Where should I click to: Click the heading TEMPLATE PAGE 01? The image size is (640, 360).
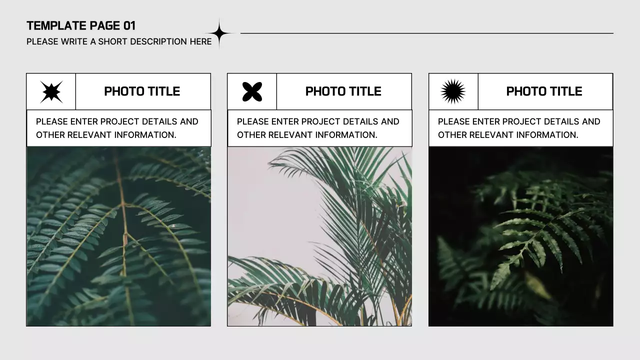(81, 26)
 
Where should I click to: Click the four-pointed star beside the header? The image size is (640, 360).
(219, 33)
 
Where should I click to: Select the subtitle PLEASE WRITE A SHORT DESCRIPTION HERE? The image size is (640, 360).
(119, 41)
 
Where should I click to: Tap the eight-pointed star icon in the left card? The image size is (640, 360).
(51, 91)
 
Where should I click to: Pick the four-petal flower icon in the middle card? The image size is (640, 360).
(252, 91)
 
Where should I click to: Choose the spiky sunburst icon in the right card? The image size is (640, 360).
(453, 91)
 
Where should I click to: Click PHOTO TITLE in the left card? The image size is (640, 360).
(142, 91)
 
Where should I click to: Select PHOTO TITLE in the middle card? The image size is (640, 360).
(343, 91)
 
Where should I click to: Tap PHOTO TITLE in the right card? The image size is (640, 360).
(544, 91)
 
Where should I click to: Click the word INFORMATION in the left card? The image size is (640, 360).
(145, 135)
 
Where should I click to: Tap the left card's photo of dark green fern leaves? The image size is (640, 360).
(118, 236)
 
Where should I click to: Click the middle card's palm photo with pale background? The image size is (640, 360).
(319, 236)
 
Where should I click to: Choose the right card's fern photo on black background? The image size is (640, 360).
(520, 236)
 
